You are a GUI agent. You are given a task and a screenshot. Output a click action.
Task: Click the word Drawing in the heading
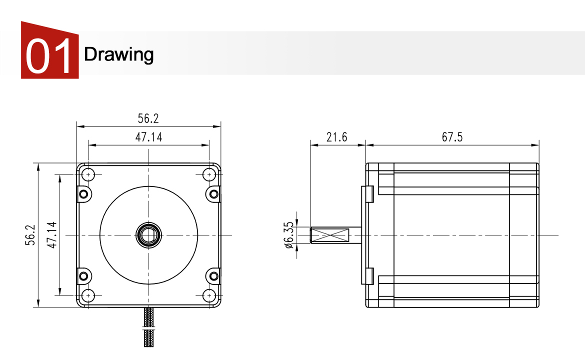(118, 54)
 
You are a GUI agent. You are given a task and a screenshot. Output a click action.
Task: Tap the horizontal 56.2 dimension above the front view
(148, 118)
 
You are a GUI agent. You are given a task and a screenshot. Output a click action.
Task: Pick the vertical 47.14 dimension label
(51, 235)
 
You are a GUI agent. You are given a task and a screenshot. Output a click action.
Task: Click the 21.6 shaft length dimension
(336, 137)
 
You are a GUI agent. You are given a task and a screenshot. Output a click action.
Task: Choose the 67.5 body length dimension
(452, 137)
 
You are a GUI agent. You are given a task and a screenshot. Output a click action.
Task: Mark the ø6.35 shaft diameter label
(288, 235)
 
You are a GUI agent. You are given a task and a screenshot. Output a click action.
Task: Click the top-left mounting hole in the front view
(88, 174)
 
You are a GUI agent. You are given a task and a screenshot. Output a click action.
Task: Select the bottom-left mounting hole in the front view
(88, 295)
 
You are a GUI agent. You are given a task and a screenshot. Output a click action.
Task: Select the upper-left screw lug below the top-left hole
(83, 194)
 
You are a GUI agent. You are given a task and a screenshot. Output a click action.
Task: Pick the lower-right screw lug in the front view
(213, 276)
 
